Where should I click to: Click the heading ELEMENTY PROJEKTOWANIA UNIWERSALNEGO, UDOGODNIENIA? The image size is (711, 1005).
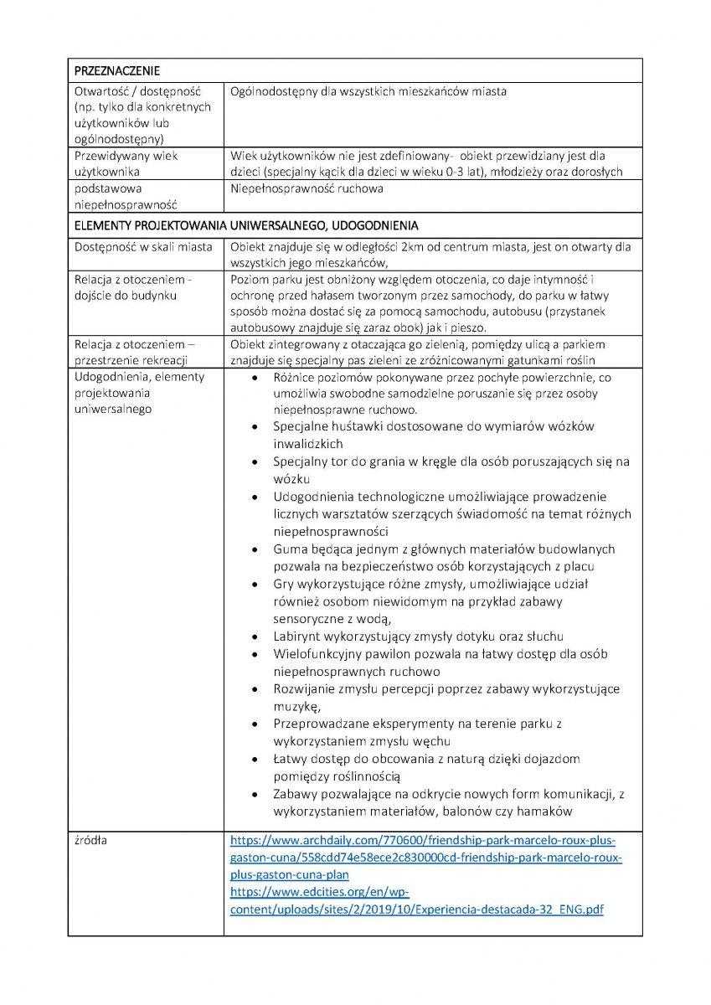coord(246,226)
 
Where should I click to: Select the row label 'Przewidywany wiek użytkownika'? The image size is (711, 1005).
coord(126,163)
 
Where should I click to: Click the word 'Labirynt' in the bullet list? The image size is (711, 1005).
coord(296,636)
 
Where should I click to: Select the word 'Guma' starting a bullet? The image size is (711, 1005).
coord(289,549)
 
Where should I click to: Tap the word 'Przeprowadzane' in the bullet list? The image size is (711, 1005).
coord(319,724)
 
